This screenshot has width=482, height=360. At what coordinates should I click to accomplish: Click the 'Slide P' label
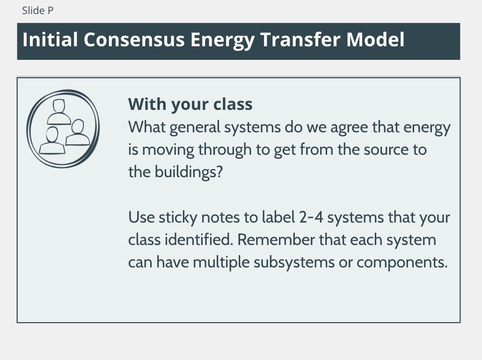(38, 10)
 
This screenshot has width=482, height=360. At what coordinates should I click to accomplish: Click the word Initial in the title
(50, 40)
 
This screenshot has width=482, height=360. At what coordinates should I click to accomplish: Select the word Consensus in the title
(134, 40)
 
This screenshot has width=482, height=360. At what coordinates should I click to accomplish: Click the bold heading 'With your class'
(190, 104)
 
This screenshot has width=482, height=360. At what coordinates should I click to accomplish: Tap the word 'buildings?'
(189, 172)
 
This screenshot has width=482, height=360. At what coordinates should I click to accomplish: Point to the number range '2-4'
(311, 217)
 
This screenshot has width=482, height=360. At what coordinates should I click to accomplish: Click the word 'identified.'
(198, 239)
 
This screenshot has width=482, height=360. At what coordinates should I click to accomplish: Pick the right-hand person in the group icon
(78, 132)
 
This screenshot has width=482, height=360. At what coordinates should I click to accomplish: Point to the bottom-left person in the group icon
(52, 140)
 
